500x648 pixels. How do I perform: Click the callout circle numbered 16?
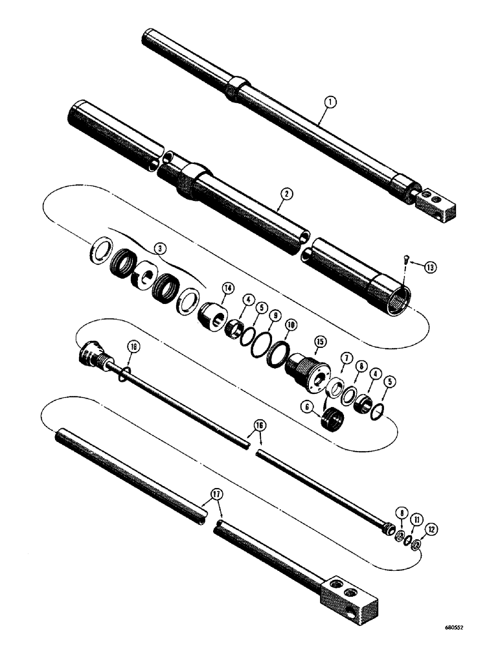pyautogui.click(x=259, y=424)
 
